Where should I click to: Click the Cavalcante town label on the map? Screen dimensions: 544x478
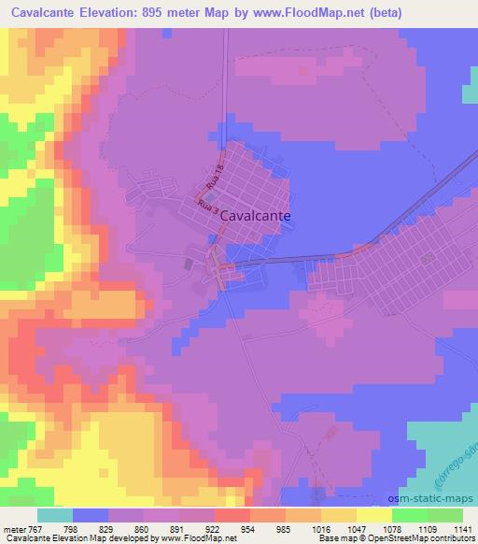(255, 214)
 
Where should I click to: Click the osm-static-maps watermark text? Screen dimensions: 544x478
(439, 499)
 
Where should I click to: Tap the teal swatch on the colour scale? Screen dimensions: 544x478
(54, 514)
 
